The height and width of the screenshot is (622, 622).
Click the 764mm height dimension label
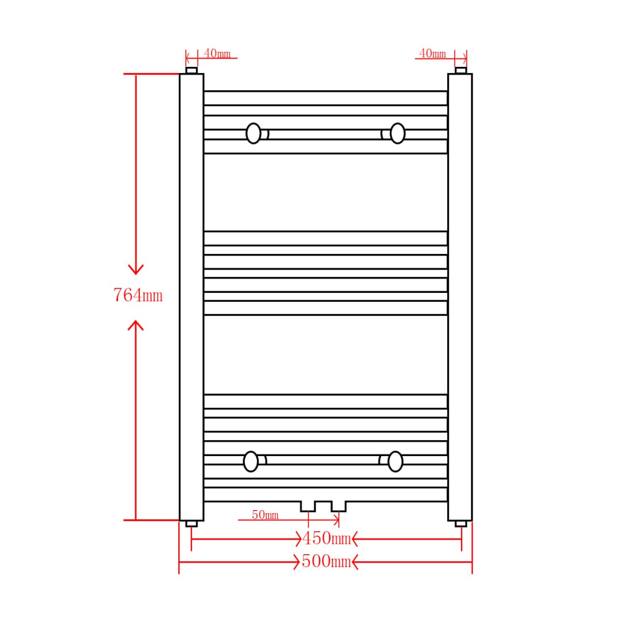coord(138,295)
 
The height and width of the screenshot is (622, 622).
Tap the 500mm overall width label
coord(326,562)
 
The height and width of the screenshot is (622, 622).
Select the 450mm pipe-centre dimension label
coord(326,539)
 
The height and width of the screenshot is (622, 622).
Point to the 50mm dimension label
coord(265,515)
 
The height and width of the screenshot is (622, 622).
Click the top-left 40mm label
coord(217,53)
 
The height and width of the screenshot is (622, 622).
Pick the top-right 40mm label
coord(432,53)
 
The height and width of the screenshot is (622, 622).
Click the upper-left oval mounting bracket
coord(253,133)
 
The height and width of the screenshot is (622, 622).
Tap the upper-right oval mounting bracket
coord(398,133)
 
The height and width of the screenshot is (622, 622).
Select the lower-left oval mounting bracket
coord(250,462)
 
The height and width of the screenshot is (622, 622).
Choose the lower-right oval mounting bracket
coord(395,462)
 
